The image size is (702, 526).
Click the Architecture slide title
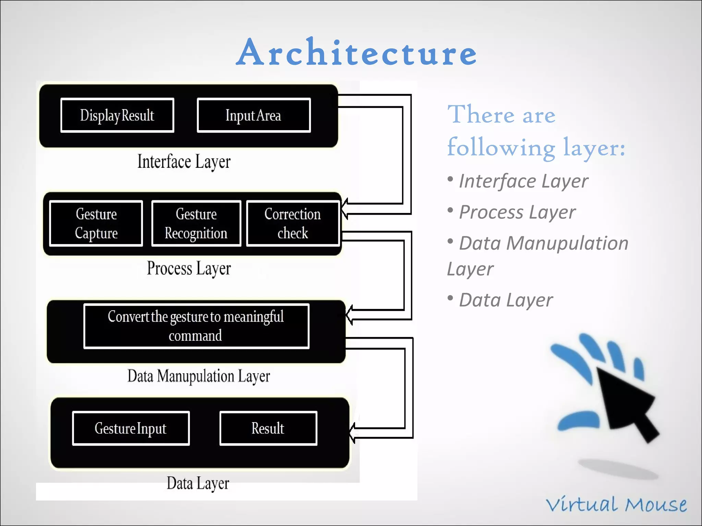click(356, 53)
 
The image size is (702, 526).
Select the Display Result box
click(117, 115)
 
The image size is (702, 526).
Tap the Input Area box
click(254, 115)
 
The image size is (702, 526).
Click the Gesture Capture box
click(96, 223)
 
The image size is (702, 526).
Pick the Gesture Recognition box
click(196, 223)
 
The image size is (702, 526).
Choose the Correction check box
click(293, 223)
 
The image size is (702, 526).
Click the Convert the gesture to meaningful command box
click(196, 326)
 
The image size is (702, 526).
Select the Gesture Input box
click(131, 428)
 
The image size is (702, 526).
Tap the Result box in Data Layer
click(268, 428)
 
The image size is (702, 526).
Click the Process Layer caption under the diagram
click(189, 268)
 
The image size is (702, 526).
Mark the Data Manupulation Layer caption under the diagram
click(199, 376)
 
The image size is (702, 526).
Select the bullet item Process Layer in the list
click(517, 212)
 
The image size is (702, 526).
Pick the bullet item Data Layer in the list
click(506, 300)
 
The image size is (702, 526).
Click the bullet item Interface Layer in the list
click(523, 181)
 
